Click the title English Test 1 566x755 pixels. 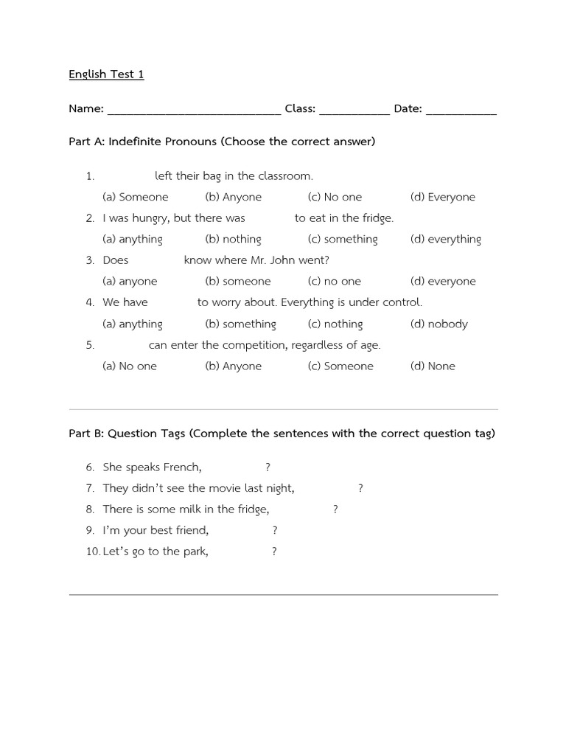106,74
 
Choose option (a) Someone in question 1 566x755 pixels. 136,197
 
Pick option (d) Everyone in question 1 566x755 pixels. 443,197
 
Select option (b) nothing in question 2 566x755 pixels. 233,239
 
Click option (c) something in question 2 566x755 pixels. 343,239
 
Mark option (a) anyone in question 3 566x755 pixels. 130,281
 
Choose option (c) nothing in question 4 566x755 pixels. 335,324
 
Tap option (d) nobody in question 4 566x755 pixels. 439,324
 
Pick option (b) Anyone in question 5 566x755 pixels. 233,366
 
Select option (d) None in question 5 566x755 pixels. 433,366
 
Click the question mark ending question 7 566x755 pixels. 360,488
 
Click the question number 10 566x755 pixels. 92,551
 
